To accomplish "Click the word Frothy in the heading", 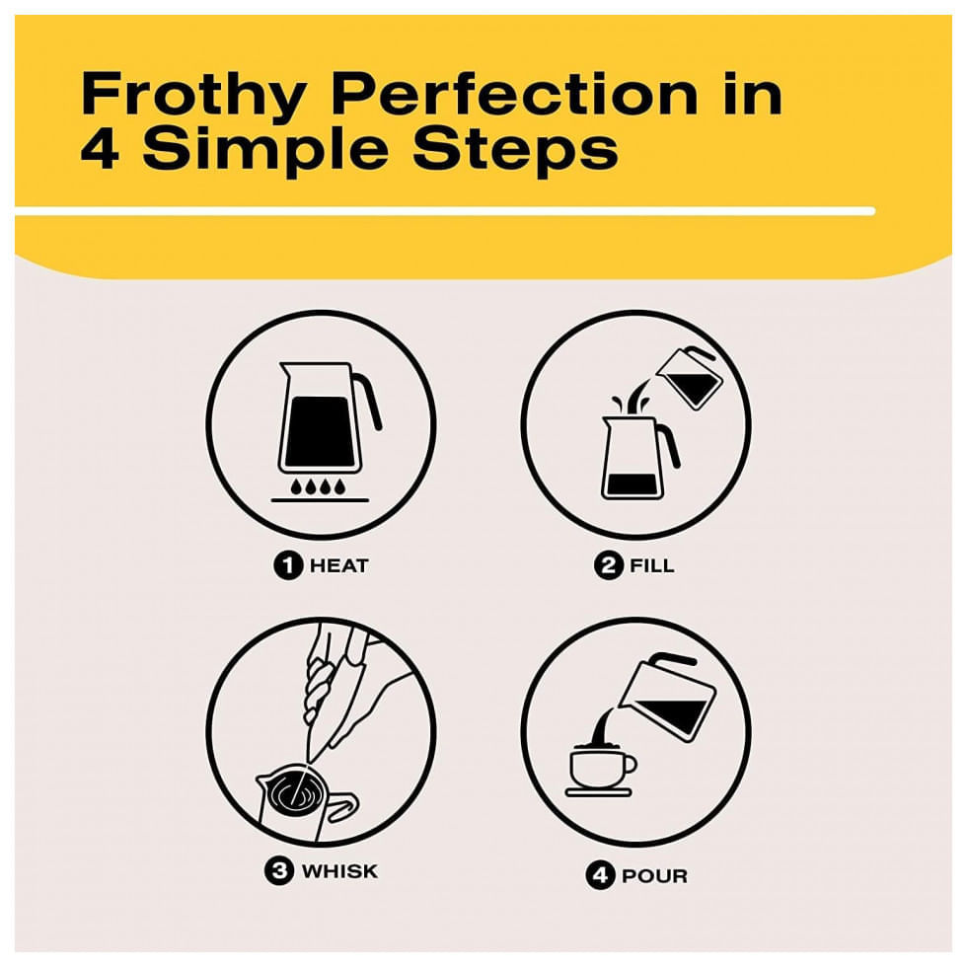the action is click(193, 94).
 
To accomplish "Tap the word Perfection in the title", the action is click(515, 93).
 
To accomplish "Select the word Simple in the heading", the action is click(265, 150).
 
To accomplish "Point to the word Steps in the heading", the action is click(515, 150).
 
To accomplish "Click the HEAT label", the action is click(338, 565).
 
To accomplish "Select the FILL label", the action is click(652, 565).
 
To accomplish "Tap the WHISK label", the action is click(339, 870).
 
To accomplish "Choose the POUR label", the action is click(654, 876).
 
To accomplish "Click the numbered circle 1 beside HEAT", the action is click(288, 565).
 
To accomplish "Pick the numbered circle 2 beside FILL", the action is click(609, 565).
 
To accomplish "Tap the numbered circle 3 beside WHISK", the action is click(279, 870).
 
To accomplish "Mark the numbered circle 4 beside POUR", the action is click(601, 876).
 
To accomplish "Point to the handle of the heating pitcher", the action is click(369, 401).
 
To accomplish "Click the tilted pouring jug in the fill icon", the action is click(689, 377).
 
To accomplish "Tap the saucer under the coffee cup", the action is click(599, 791).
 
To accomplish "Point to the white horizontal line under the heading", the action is click(445, 211).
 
